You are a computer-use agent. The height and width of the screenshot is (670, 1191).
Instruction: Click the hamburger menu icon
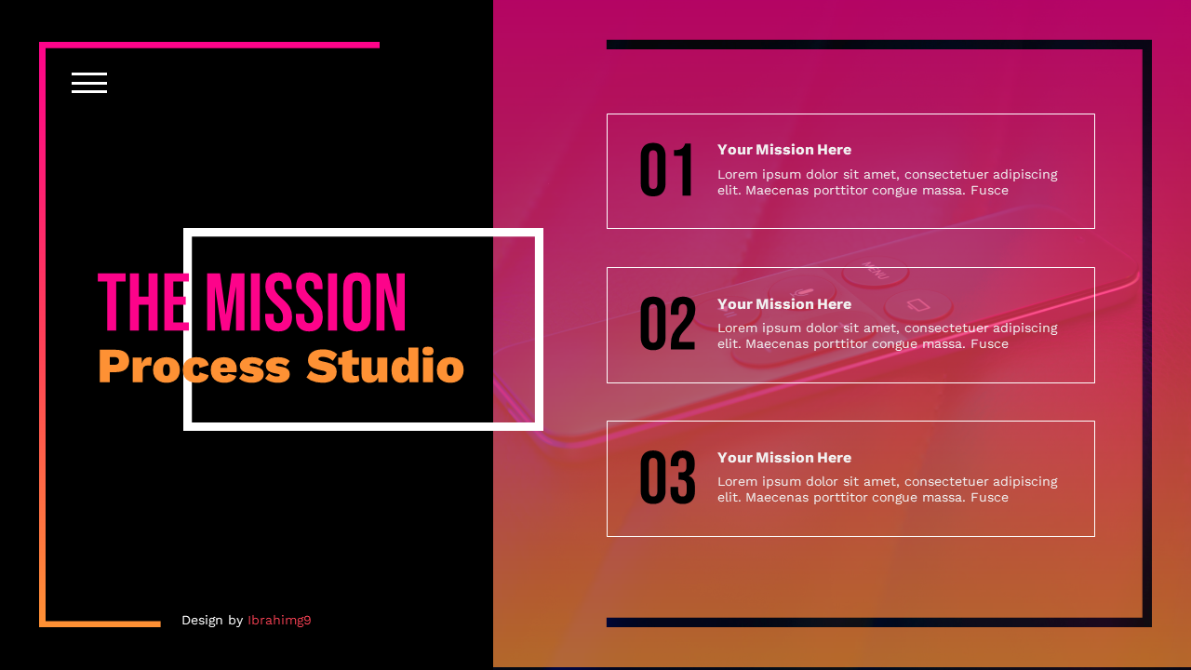89,83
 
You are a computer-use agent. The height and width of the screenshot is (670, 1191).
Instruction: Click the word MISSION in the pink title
305,302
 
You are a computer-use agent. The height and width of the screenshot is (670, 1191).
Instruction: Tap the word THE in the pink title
144,302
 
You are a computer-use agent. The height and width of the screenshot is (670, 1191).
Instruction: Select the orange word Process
194,366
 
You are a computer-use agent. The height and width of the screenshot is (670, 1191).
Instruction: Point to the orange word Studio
384,366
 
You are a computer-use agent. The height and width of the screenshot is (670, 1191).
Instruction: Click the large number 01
667,172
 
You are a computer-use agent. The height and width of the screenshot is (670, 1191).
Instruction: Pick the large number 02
667,326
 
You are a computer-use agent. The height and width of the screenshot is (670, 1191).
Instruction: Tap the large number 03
667,479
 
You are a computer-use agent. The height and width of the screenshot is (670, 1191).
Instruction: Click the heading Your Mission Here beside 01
784,150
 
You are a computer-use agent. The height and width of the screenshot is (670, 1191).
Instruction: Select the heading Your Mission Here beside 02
784,304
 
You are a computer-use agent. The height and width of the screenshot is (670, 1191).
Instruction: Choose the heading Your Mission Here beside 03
784,458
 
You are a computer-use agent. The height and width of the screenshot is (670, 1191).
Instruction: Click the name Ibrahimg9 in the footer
279,621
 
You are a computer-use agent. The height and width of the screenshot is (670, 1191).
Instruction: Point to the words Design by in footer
212,621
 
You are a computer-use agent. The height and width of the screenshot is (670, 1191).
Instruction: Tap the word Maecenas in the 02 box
777,344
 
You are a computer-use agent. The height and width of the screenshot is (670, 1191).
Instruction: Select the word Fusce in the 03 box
989,498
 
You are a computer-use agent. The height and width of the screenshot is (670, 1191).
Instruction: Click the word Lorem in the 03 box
737,482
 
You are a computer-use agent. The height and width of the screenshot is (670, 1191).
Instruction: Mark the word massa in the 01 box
945,191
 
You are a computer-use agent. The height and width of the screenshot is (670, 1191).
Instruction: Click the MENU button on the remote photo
876,272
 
